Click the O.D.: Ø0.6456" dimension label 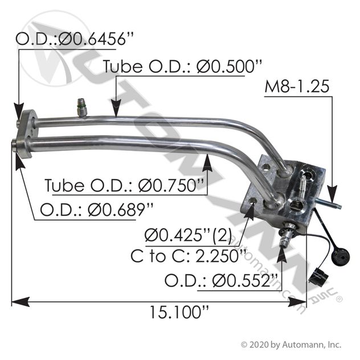coord(74,39)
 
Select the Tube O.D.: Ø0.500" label coord(182,66)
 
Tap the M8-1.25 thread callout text coord(297,87)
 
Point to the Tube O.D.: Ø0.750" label coord(124,185)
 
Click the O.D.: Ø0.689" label coord(96,210)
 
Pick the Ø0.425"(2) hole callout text coord(189,235)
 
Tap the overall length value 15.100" coord(179,312)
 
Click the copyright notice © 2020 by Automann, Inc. coord(291,345)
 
